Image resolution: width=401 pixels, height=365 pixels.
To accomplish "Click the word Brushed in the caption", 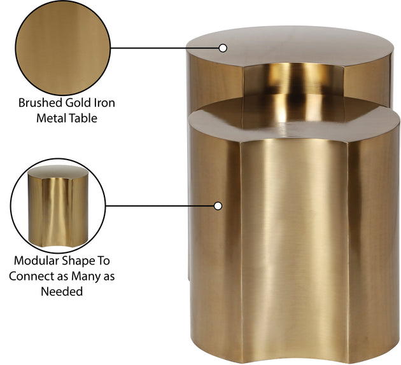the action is [40, 103].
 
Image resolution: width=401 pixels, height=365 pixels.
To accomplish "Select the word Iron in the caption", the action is [105, 103].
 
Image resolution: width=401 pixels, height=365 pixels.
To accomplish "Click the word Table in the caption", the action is [83, 118].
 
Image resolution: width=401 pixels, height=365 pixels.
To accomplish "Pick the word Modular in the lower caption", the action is [36, 261].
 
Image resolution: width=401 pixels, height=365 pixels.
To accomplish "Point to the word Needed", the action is [62, 291].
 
